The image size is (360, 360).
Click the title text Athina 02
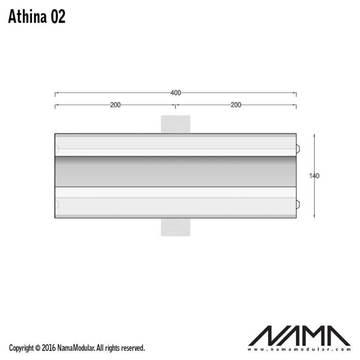click(x=37, y=17)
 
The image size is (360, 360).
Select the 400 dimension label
click(x=175, y=93)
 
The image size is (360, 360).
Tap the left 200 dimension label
click(x=115, y=105)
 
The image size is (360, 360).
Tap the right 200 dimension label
click(x=236, y=105)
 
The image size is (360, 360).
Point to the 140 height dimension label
click(x=314, y=176)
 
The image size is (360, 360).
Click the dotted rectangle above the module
click(x=175, y=124)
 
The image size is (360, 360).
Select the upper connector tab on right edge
click(x=298, y=148)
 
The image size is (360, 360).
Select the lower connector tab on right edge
click(x=298, y=205)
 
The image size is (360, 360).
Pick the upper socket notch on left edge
click(x=57, y=148)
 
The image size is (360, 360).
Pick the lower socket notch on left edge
click(x=57, y=205)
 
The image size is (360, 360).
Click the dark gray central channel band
click(x=175, y=172)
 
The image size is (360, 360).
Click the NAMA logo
click(x=299, y=336)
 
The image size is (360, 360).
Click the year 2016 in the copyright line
click(x=49, y=348)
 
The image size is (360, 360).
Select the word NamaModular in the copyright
click(x=76, y=348)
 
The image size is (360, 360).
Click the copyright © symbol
click(x=38, y=348)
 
